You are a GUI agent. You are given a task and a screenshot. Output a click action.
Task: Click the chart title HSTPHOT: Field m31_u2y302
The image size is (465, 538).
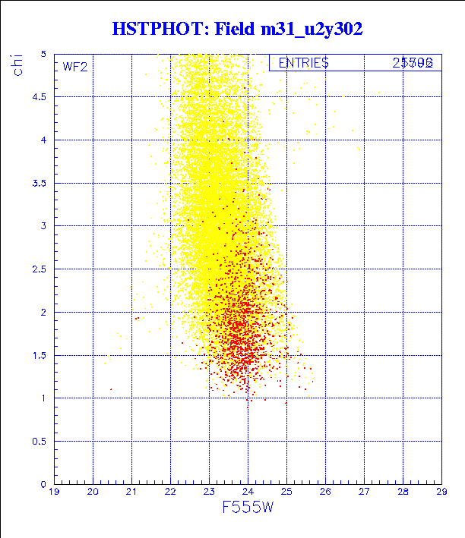[x=237, y=29]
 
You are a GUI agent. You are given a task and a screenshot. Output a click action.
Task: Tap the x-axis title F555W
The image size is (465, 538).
[x=247, y=508]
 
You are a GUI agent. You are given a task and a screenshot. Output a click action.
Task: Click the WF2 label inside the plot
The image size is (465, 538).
[x=75, y=67]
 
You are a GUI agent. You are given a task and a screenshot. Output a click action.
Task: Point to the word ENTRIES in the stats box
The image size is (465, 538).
[x=303, y=64]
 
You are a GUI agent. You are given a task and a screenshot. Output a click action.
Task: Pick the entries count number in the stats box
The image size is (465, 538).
[x=413, y=64]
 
